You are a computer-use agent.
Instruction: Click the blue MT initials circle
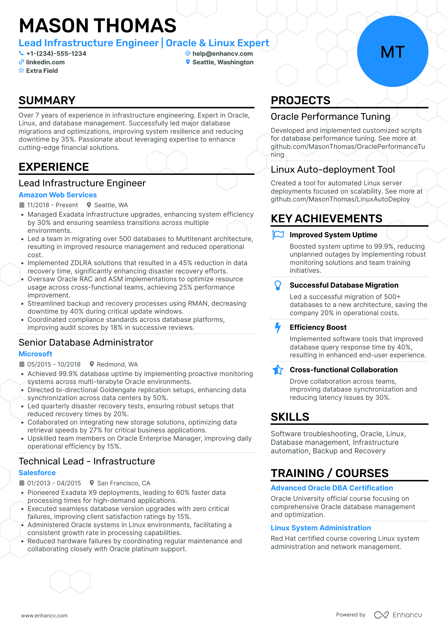[392, 51]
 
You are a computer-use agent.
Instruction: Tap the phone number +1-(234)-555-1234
[56, 54]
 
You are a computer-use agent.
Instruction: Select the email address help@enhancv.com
[223, 54]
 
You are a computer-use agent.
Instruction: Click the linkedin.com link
[45, 62]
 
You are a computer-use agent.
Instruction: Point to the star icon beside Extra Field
[21, 70]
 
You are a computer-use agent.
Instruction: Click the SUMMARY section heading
[47, 100]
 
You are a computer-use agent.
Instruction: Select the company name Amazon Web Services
[58, 195]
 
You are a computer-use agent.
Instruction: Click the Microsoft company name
[35, 354]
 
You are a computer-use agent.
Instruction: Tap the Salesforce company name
[37, 473]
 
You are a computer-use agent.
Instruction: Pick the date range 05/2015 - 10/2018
[54, 364]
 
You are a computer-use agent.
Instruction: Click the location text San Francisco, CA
[124, 483]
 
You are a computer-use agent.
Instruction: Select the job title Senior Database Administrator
[86, 342]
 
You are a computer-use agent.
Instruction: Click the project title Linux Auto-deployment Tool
[333, 169]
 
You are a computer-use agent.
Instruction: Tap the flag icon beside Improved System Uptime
[278, 235]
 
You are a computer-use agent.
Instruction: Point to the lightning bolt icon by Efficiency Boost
[278, 328]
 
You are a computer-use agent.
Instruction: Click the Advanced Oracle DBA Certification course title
[332, 488]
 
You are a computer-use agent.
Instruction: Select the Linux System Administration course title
[321, 528]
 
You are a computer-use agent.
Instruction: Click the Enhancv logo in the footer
[398, 615]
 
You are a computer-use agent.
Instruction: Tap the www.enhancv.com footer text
[44, 616]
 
